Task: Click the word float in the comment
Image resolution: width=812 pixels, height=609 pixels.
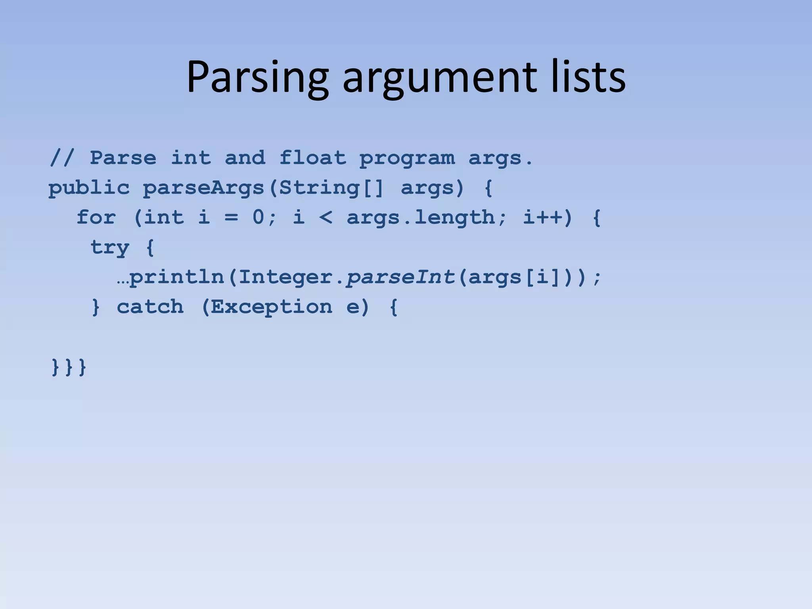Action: [x=312, y=158]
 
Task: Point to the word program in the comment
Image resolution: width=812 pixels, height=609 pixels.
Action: [x=407, y=159]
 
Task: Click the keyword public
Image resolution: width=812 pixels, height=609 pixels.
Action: [x=89, y=188]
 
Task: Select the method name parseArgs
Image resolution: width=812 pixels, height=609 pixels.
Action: [x=203, y=188]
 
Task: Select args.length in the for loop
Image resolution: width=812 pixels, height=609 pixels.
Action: [x=420, y=218]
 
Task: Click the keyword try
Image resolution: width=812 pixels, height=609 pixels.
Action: [x=110, y=247]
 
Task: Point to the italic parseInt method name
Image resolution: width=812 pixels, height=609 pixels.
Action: [x=400, y=277]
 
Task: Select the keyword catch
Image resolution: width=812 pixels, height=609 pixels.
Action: [x=150, y=306]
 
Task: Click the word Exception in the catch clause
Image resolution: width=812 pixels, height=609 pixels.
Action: [x=271, y=306]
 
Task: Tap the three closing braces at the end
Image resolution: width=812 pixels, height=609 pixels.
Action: [x=69, y=367]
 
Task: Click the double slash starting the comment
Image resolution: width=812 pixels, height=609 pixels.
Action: [x=62, y=158]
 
